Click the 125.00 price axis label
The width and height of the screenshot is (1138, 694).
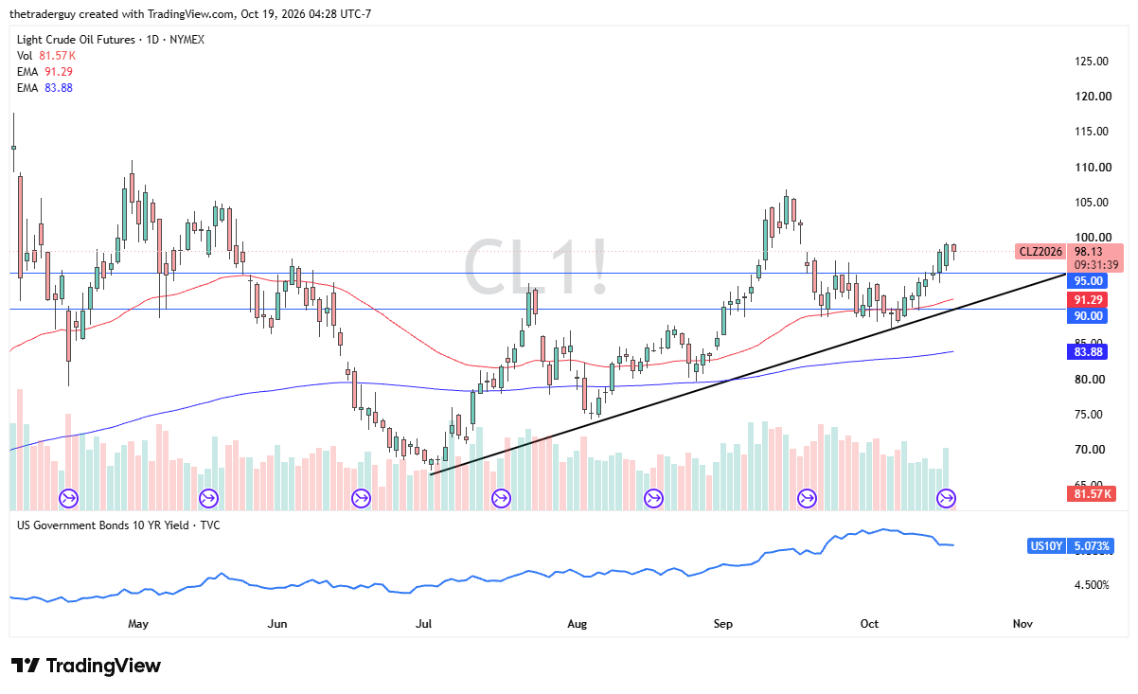1092,62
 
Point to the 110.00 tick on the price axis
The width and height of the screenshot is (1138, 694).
1093,168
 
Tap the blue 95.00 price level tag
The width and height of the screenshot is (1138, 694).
1087,281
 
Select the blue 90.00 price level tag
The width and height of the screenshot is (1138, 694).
1087,316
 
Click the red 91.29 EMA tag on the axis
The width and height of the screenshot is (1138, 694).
1087,300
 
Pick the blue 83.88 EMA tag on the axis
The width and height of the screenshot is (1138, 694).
1087,352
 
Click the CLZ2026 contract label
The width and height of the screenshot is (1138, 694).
1040,252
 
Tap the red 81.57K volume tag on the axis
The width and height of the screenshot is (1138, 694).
1092,494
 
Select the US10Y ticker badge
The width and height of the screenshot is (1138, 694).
1046,546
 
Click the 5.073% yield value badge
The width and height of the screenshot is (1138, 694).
1092,546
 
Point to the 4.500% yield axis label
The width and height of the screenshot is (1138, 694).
1092,585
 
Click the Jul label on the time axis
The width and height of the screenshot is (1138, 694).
423,624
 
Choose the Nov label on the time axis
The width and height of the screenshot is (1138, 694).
1022,624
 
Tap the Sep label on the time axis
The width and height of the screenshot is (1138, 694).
723,624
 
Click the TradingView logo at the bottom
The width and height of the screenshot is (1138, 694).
86,666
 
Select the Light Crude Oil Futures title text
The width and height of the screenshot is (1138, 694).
76,40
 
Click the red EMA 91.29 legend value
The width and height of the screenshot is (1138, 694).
59,72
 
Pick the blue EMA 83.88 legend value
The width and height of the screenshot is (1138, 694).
59,88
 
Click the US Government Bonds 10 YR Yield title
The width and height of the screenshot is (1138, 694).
103,525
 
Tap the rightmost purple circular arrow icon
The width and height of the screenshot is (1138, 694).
946,498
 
